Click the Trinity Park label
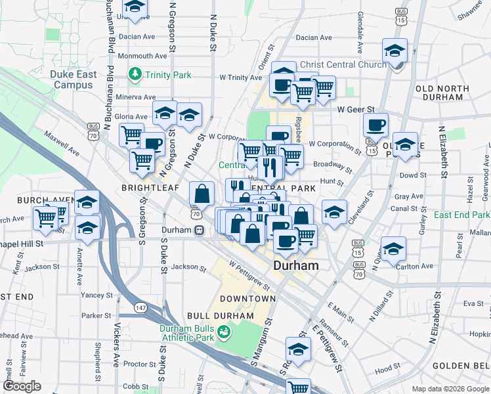click(169, 75)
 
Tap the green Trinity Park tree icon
click(137, 74)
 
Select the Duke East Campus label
click(74, 79)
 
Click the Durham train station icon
click(198, 230)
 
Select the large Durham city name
click(295, 266)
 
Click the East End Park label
click(461, 215)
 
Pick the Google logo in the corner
click(22, 386)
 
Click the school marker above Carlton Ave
click(393, 249)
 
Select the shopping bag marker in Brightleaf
click(202, 194)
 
